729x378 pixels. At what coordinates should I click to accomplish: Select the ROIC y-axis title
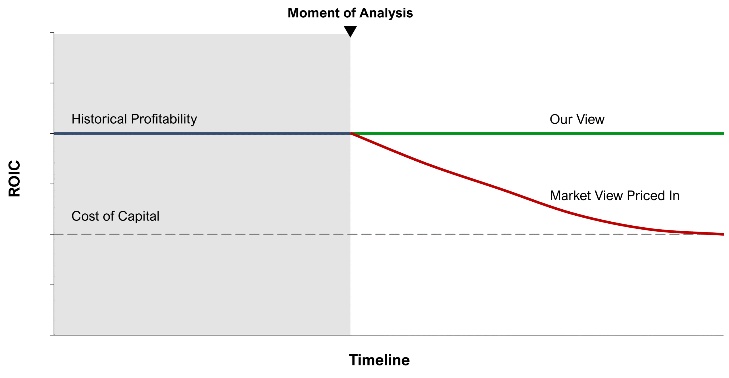click(x=14, y=179)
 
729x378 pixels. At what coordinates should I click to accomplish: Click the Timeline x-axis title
click(x=379, y=360)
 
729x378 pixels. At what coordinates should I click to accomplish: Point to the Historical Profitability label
click(x=134, y=119)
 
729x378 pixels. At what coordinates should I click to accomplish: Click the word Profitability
click(x=164, y=119)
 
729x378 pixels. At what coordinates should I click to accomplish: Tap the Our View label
click(x=577, y=119)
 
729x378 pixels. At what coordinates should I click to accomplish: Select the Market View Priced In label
click(x=615, y=196)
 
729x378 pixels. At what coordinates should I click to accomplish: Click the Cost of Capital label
click(x=115, y=216)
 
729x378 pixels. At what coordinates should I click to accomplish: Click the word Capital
click(x=139, y=216)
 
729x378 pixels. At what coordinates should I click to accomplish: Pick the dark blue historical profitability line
click(x=202, y=133)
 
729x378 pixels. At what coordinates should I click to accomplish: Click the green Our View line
click(x=537, y=133)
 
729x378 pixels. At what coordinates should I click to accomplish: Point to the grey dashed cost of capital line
click(x=389, y=234)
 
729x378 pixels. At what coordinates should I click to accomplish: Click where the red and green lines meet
click(x=351, y=133)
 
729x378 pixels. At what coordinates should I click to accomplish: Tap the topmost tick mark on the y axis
click(x=52, y=33)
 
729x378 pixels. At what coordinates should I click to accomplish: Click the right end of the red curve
click(x=723, y=234)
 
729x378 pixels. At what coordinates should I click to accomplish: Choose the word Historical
click(x=99, y=119)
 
